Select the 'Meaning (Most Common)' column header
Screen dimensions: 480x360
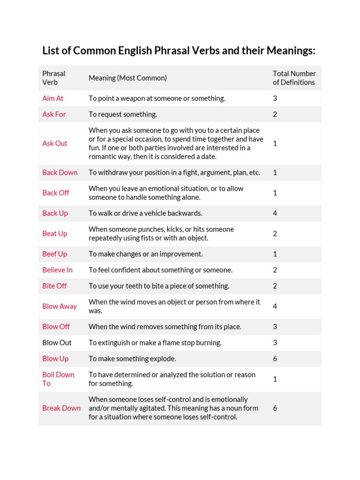127,78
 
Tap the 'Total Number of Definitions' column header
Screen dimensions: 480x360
294,78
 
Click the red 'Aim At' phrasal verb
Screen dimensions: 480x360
52,98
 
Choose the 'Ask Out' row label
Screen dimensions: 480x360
55,143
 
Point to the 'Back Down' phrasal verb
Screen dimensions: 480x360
60,172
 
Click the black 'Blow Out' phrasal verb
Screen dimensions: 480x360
57,343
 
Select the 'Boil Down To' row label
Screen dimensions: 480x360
58,379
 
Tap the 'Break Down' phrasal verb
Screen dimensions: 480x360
61,408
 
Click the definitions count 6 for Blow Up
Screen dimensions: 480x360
275,359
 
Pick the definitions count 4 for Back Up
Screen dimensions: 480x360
275,213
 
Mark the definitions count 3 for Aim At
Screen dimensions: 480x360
275,98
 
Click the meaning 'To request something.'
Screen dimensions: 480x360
123,114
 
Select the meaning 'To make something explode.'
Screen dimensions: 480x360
132,359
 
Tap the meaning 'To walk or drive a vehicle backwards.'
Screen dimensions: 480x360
145,213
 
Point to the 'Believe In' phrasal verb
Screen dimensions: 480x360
57,270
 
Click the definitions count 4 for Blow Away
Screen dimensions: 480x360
275,307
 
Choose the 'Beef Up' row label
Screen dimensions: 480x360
54,254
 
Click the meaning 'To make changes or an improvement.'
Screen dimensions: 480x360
146,254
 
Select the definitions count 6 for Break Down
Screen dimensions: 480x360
275,408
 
